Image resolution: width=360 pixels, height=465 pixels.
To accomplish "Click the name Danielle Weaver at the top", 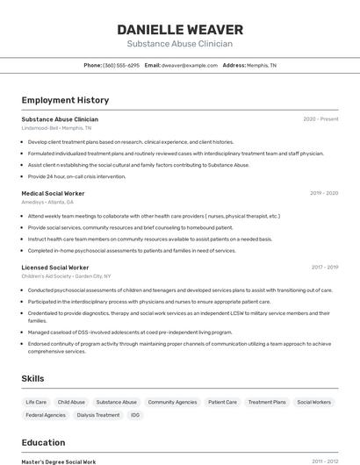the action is (x=179, y=29).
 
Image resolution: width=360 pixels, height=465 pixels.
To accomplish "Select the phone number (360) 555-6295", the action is (x=121, y=65).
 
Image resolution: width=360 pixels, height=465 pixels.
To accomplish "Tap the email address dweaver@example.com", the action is (x=189, y=65).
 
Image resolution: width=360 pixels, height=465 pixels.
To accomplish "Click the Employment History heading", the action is (x=65, y=100).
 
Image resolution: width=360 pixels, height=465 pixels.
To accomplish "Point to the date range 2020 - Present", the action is (x=320, y=118).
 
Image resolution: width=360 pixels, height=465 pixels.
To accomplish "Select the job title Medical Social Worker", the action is (x=53, y=193).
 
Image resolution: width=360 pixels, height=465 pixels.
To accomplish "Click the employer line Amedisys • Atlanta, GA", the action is (x=47, y=202).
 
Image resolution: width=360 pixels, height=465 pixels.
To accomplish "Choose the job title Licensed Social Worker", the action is (x=55, y=267).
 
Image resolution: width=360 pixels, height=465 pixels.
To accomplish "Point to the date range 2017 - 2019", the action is (x=324, y=267).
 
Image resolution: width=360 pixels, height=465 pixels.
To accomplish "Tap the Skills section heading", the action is (x=34, y=378).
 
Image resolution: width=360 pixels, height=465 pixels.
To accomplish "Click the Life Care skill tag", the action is (x=36, y=402).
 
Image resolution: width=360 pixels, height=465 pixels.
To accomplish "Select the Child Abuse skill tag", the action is (x=71, y=402).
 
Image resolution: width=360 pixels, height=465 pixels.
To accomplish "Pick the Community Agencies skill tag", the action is (x=172, y=402).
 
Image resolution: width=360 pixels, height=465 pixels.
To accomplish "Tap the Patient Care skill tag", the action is (x=222, y=402).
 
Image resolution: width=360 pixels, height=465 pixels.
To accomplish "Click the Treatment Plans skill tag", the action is (x=267, y=402).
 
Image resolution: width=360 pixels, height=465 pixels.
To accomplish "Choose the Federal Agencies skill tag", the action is (x=46, y=415).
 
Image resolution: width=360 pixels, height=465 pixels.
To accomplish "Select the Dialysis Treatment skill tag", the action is (x=97, y=415).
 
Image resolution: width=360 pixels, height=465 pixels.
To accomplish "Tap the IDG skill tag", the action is (x=135, y=415).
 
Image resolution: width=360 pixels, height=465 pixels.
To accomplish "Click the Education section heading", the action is (x=43, y=442).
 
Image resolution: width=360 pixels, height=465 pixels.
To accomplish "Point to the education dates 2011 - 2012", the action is (x=325, y=461).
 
